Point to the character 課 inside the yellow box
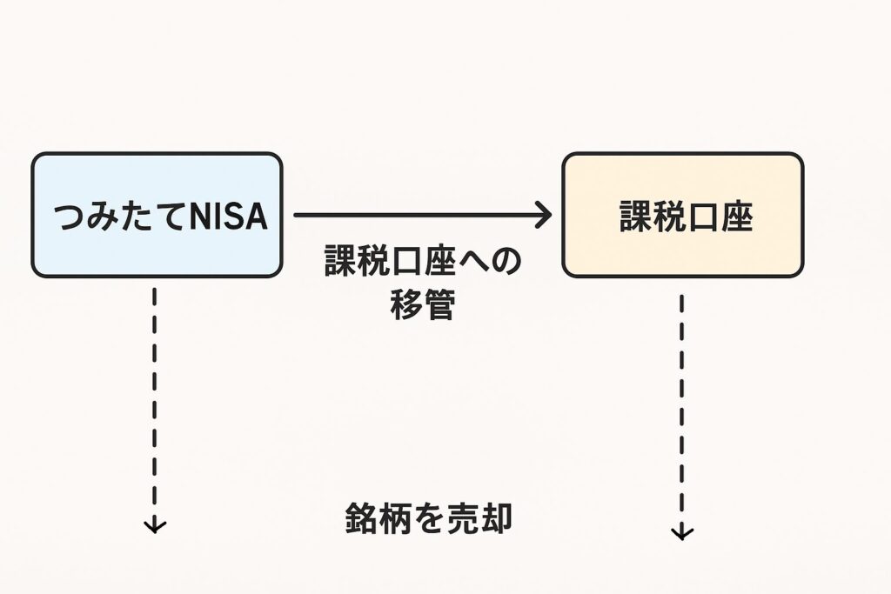click(x=635, y=217)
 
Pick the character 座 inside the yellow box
click(x=736, y=217)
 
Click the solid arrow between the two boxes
click(x=418, y=214)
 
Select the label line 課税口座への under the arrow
click(x=423, y=261)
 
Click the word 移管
click(x=422, y=305)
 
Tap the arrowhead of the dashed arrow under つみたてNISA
click(x=155, y=525)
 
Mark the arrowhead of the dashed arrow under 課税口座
click(x=682, y=533)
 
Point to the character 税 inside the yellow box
click(x=668, y=217)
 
